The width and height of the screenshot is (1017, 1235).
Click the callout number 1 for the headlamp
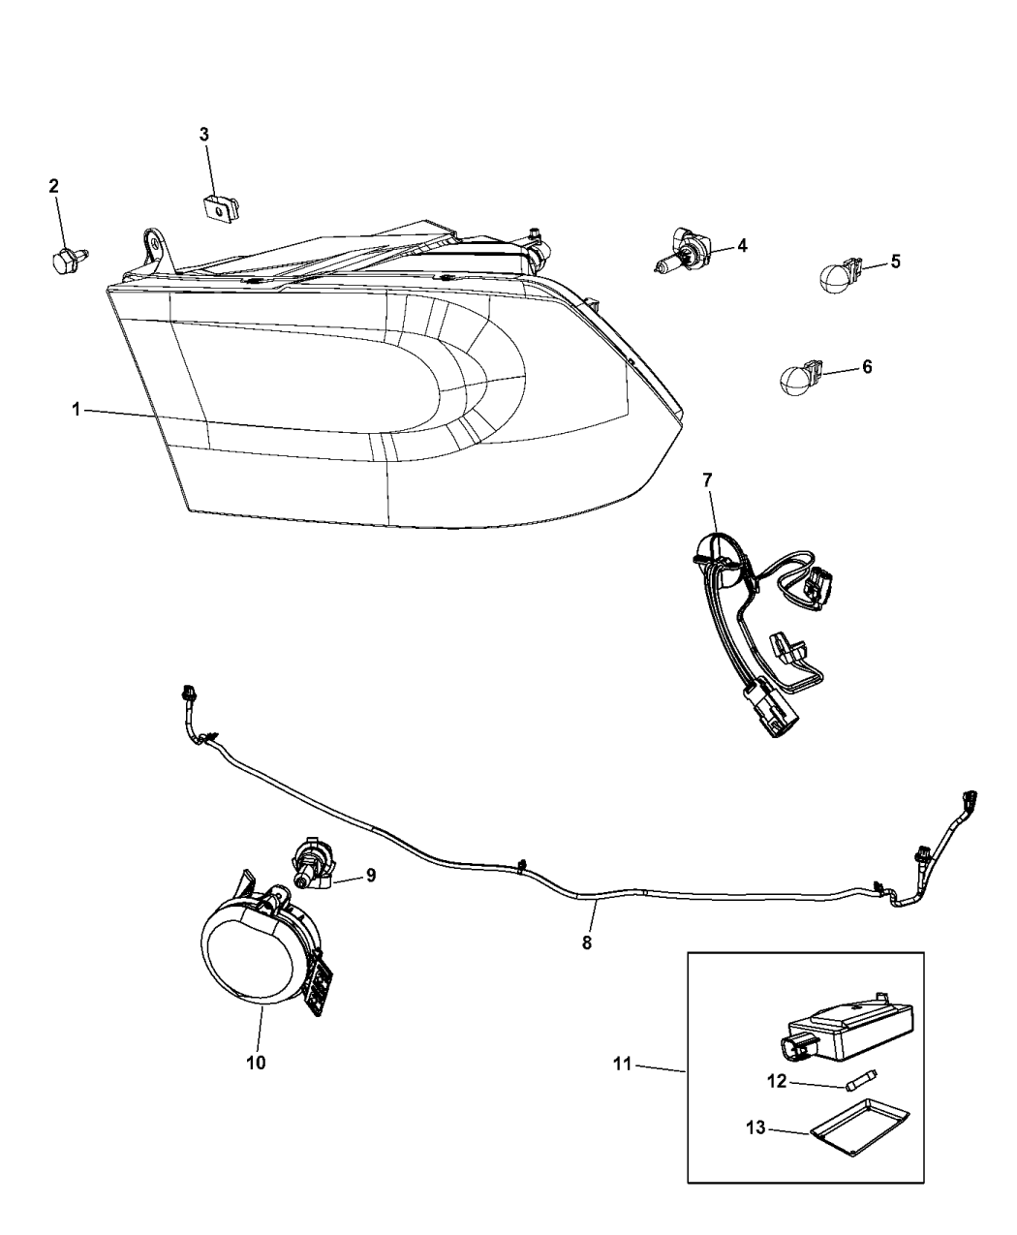tap(76, 409)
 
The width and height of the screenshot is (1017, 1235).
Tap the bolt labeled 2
tap(68, 261)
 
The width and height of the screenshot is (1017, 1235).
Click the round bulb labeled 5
tap(840, 276)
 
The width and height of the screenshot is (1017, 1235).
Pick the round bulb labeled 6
tap(802, 378)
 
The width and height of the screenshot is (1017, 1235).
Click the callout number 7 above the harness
tap(708, 480)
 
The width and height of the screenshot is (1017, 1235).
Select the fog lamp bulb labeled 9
tap(314, 867)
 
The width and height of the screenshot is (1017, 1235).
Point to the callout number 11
tap(623, 1065)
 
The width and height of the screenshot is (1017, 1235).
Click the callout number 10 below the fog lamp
tap(256, 1063)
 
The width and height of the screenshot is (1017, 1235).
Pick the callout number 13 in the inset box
tap(755, 1127)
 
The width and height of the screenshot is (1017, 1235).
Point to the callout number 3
tap(204, 135)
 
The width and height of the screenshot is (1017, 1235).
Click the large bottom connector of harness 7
tap(769, 709)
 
